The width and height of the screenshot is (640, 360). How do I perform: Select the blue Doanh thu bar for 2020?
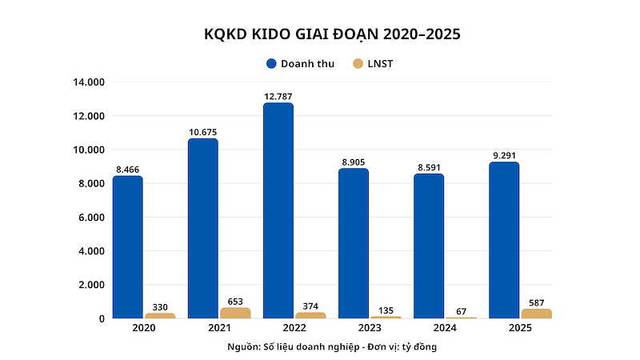click(x=128, y=247)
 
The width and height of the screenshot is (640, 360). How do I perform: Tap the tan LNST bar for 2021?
click(x=235, y=313)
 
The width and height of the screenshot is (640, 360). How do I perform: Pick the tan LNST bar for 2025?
click(x=536, y=314)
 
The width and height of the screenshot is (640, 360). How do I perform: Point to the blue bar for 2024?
click(x=429, y=246)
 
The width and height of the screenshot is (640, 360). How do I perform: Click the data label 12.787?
click(x=278, y=97)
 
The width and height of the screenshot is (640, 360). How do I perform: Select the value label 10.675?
click(x=203, y=132)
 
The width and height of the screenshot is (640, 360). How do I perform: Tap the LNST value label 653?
click(x=235, y=302)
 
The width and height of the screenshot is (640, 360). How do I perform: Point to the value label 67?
click(x=462, y=311)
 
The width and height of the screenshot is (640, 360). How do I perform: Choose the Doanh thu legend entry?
click(x=301, y=64)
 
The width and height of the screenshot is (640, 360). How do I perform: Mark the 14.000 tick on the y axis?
click(x=89, y=82)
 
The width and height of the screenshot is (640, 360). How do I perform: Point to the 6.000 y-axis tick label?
click(x=91, y=218)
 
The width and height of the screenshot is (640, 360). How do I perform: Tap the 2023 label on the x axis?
click(x=370, y=328)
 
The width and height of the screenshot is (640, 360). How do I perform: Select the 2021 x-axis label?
click(x=219, y=328)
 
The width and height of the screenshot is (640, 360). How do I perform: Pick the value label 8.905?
click(x=354, y=162)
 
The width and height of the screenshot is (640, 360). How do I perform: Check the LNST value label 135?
click(x=386, y=310)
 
